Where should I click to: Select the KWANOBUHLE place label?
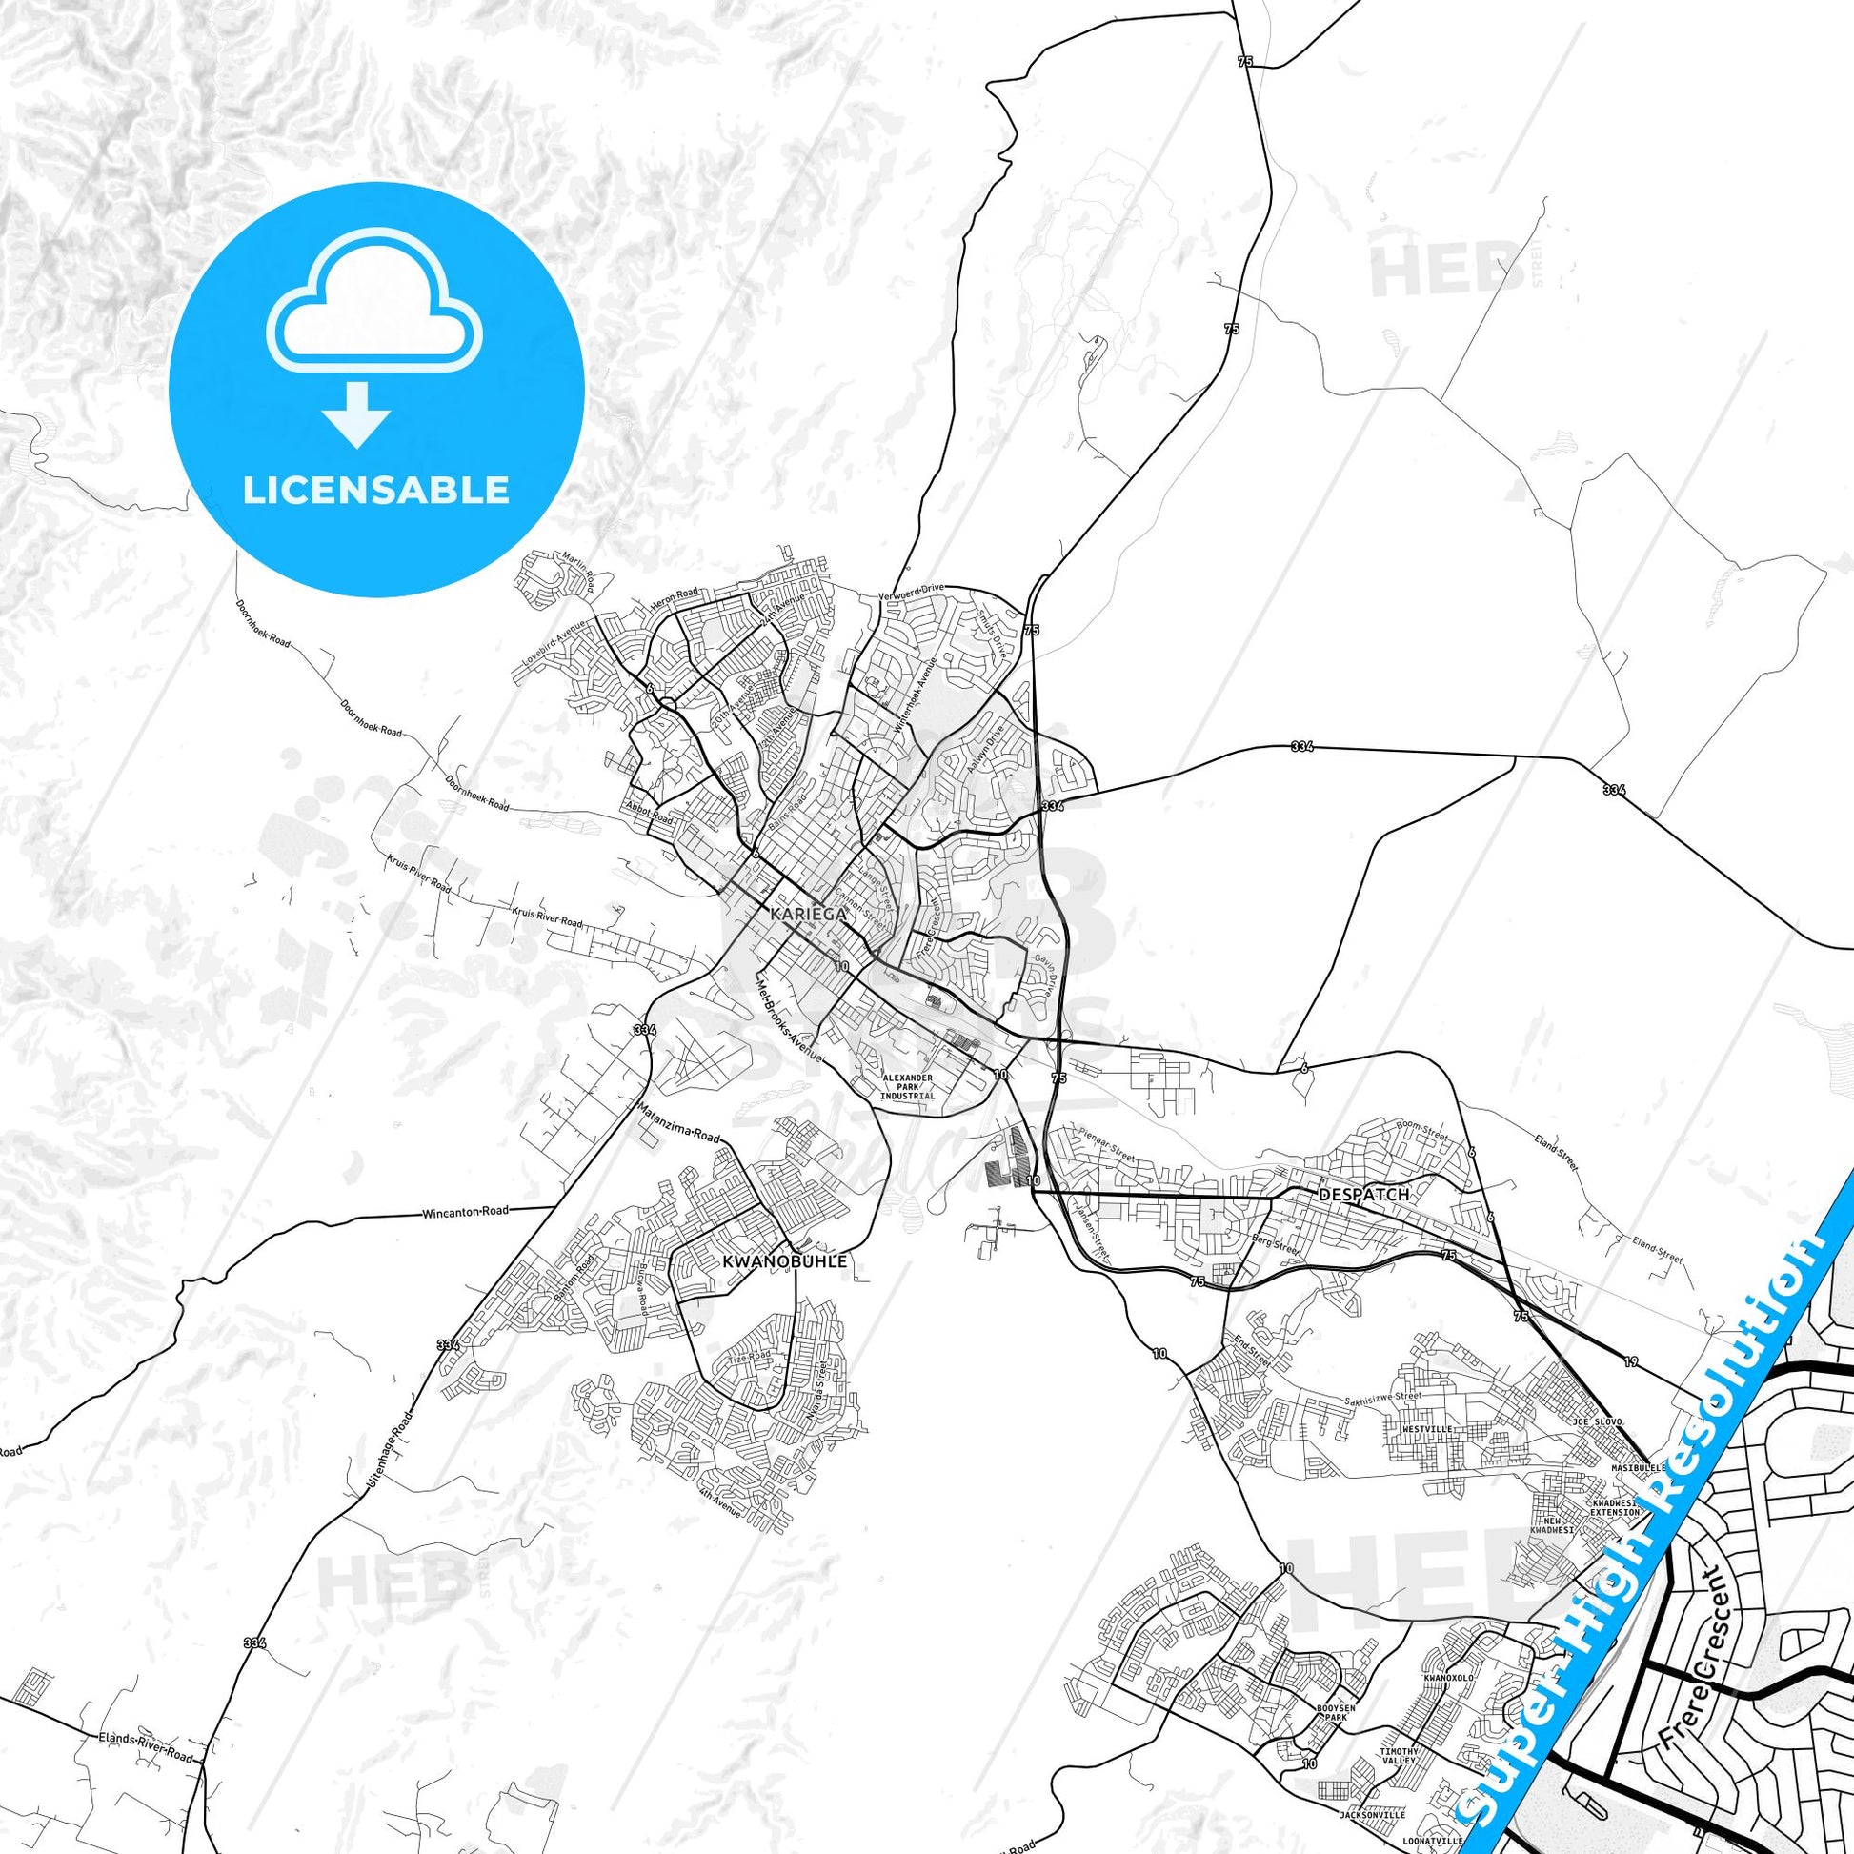point(786,1261)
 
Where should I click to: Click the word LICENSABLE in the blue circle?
point(376,491)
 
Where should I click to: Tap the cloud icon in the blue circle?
point(376,309)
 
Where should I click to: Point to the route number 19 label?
point(1630,1360)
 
